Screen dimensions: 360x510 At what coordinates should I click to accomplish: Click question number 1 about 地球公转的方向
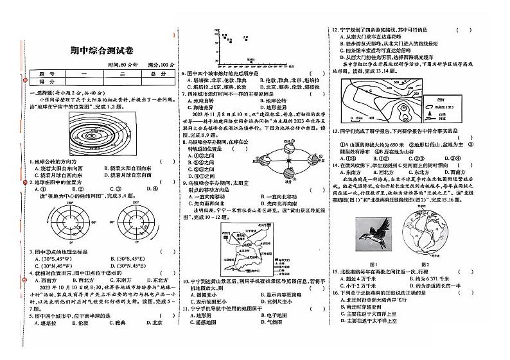(31, 162)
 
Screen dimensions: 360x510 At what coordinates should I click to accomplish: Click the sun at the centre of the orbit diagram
(288, 160)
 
